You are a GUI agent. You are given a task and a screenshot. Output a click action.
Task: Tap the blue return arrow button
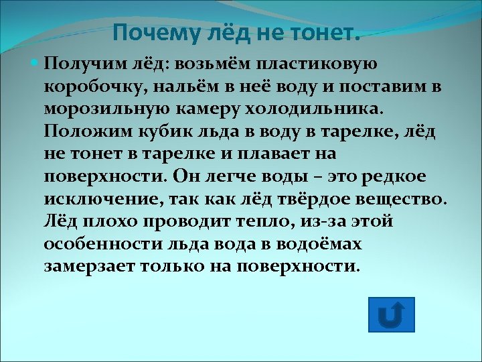point(392,314)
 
